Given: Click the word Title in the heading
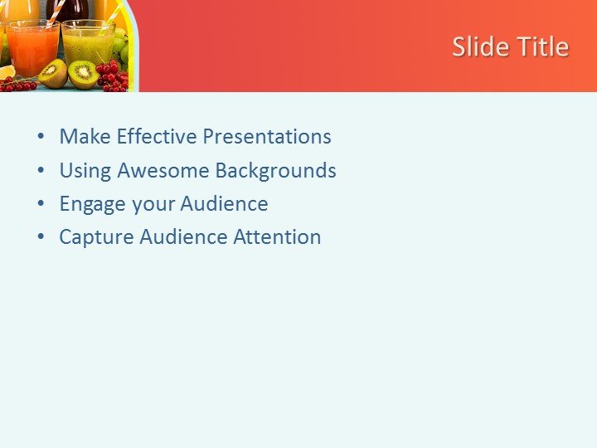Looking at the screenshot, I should pos(541,46).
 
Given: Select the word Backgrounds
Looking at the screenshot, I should pos(275,171).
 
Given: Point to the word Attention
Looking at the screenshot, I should pos(277,237).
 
